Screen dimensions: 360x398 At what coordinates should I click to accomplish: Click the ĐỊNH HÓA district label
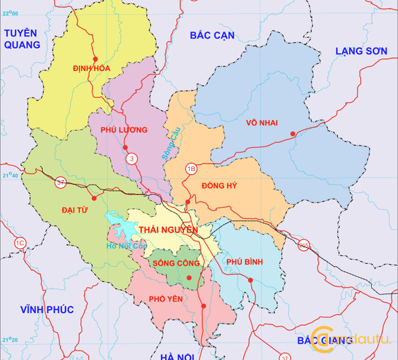point(91,68)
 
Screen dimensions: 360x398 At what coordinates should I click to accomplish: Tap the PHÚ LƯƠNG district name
point(124,130)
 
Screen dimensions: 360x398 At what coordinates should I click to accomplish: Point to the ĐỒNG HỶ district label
point(219,186)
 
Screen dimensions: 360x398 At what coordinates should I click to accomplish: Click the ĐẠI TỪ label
point(74,210)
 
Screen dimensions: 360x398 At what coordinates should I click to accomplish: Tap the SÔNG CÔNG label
point(176,263)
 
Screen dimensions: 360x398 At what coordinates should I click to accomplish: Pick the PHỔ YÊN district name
point(166,299)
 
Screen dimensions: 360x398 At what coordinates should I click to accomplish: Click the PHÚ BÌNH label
point(244,262)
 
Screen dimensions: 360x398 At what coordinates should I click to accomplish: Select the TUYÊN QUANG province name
point(21,39)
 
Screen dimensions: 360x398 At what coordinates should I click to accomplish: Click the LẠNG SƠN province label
point(361,51)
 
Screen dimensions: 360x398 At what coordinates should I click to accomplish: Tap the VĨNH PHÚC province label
point(46,310)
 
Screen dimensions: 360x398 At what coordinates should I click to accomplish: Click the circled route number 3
point(131,159)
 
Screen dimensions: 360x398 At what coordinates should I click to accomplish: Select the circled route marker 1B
point(191,168)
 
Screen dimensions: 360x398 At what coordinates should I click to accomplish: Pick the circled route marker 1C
point(20,242)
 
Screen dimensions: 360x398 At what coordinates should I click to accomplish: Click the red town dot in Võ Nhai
point(292,133)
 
